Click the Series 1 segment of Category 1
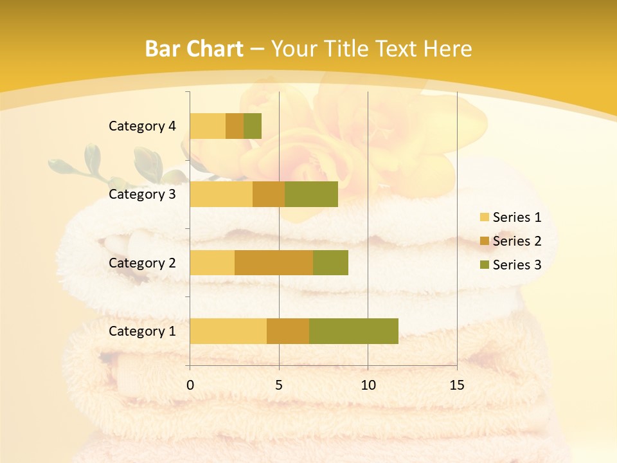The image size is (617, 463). (x=228, y=331)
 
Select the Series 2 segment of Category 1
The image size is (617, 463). (x=288, y=331)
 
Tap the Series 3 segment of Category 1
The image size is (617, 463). (x=353, y=331)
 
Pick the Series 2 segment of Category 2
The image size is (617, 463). (x=274, y=262)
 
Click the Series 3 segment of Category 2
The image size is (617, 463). (x=330, y=262)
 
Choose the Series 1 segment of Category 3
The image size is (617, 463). (x=221, y=194)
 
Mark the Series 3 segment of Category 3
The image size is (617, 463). (x=311, y=194)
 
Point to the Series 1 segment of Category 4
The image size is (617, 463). (x=208, y=126)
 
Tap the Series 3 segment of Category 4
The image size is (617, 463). (x=253, y=126)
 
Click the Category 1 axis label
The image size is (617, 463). (x=142, y=331)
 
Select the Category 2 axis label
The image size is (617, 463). (x=142, y=263)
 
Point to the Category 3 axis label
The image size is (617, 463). (x=142, y=194)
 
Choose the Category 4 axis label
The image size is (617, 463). (x=142, y=126)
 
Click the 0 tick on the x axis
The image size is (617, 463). (x=190, y=385)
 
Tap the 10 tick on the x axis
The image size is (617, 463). (x=368, y=385)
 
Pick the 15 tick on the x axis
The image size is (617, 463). (x=456, y=385)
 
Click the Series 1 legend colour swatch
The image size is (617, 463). (x=484, y=217)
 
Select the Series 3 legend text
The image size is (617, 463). (x=517, y=265)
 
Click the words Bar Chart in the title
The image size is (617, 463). (x=194, y=49)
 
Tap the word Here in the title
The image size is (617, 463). (x=449, y=49)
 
